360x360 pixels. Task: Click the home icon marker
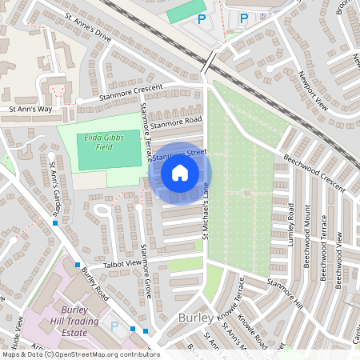(180, 172)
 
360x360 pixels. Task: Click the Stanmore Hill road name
(286, 294)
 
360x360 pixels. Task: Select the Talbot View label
(122, 263)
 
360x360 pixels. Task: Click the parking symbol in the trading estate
(114, 326)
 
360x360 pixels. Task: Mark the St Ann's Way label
(30, 109)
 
